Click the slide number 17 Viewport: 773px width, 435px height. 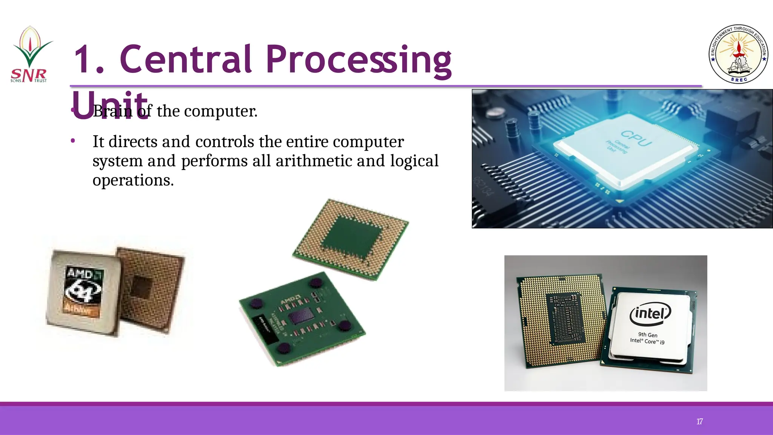point(699,421)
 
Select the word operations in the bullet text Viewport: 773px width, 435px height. point(133,180)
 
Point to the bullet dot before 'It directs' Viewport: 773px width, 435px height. point(73,141)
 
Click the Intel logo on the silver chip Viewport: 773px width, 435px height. point(650,313)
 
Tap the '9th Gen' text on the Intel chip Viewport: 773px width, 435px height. point(648,335)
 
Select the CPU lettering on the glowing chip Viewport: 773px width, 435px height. point(636,138)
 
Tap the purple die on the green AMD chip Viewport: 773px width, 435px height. point(301,316)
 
